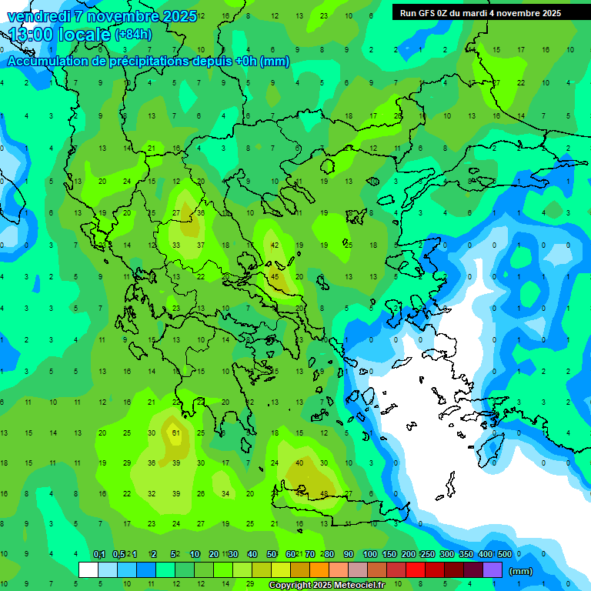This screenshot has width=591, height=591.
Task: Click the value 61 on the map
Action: pyautogui.click(x=176, y=433)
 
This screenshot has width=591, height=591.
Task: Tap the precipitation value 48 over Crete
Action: pyautogui.click(x=325, y=493)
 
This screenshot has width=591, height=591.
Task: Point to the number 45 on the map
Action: pyautogui.click(x=275, y=277)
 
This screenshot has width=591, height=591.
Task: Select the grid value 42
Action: pyautogui.click(x=275, y=245)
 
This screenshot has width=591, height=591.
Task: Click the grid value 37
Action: pyautogui.click(x=201, y=245)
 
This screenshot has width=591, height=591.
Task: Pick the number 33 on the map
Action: pyautogui.click(x=176, y=245)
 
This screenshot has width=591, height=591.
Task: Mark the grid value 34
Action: pyautogui.click(x=225, y=493)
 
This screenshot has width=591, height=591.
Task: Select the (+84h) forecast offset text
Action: pyautogui.click(x=133, y=34)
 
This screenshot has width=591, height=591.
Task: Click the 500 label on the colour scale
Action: pyautogui.click(x=505, y=554)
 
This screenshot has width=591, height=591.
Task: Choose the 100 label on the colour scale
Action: pyautogui.click(x=370, y=554)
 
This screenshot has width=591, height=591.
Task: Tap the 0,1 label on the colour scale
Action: pyautogui.click(x=99, y=554)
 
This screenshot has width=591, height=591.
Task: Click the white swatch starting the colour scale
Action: pyautogui.click(x=88, y=569)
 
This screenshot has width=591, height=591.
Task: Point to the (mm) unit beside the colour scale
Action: pyautogui.click(x=521, y=571)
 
